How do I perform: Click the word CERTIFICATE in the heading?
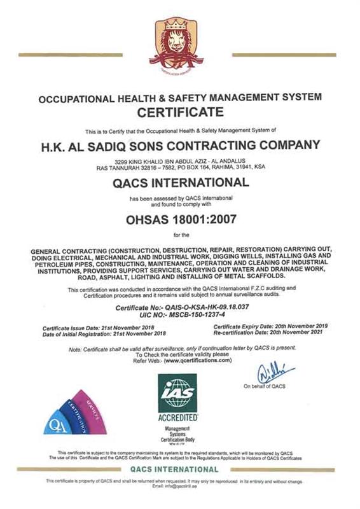coord(179,113)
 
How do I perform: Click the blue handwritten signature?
coord(275,372)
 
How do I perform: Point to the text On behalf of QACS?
coord(265,386)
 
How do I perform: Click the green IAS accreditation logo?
coord(177,393)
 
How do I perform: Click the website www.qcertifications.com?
coord(197,360)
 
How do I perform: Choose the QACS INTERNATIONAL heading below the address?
coord(179,184)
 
